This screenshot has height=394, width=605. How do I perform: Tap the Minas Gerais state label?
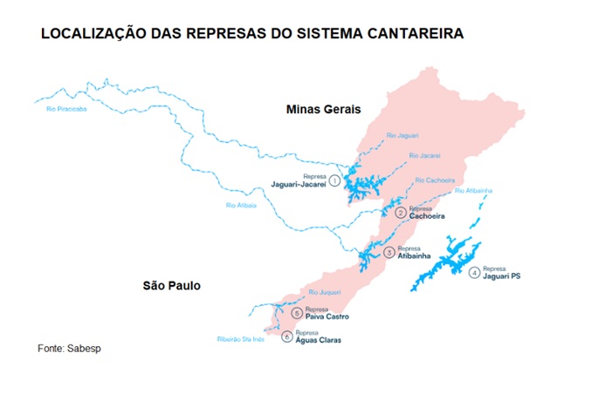pyautogui.click(x=324, y=109)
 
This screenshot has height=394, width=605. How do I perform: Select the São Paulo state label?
pyautogui.click(x=172, y=285)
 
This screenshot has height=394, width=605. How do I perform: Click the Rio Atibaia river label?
pyautogui.click(x=241, y=206)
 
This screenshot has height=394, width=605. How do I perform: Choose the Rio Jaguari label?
pyautogui.click(x=402, y=135)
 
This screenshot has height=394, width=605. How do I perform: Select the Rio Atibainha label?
pyautogui.click(x=473, y=190)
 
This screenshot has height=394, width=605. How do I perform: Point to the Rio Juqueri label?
pyautogui.click(x=324, y=292)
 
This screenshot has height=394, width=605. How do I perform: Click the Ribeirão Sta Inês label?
pyautogui.click(x=240, y=339)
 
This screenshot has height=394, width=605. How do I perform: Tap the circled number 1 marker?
pyautogui.click(x=333, y=180)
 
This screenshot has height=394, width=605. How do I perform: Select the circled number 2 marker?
pyautogui.click(x=400, y=213)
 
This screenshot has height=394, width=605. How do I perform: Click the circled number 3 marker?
pyautogui.click(x=388, y=253)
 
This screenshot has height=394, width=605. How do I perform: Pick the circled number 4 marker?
pyautogui.click(x=474, y=273)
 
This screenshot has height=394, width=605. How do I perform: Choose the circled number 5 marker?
pyautogui.click(x=297, y=313)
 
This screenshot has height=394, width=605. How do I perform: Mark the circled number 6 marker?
pyautogui.click(x=286, y=336)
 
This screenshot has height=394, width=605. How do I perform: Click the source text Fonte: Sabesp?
pyautogui.click(x=70, y=349)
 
